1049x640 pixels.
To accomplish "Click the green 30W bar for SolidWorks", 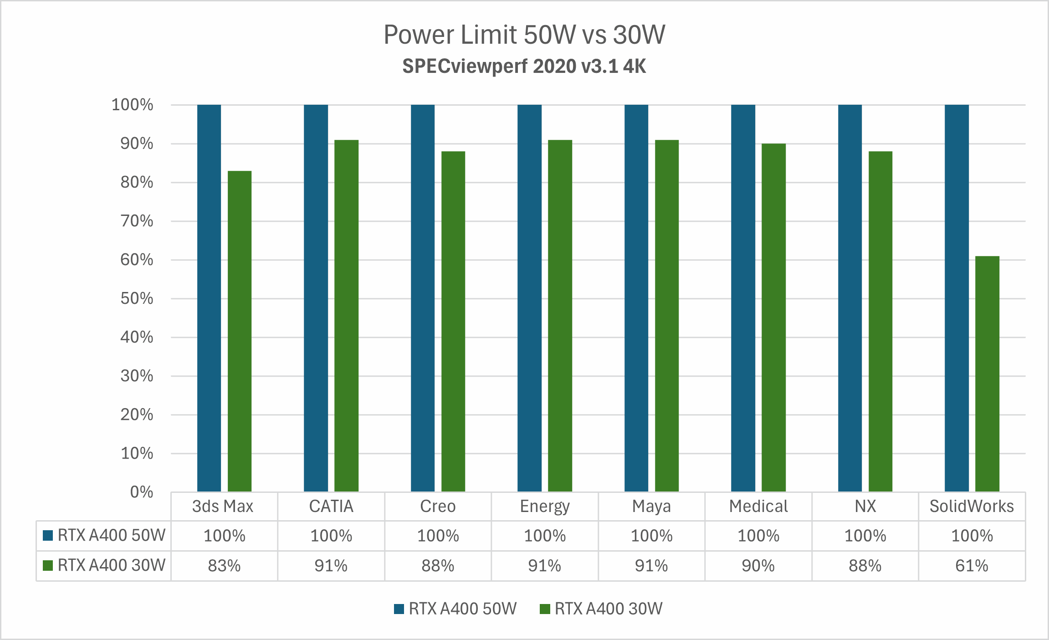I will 987,374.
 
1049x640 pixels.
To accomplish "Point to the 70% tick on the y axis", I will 137,221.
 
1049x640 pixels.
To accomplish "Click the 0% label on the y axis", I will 141,492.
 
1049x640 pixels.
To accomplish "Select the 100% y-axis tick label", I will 132,105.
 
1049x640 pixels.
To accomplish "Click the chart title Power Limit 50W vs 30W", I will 524,35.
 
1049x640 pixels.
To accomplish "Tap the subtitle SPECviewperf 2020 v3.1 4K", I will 524,67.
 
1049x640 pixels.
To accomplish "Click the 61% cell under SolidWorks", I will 972,566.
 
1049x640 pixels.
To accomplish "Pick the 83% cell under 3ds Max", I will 224,566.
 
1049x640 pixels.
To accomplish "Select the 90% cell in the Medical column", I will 758,566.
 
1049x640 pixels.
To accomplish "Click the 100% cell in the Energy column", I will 545,536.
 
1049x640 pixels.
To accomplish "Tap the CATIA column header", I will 331,507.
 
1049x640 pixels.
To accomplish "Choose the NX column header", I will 865,507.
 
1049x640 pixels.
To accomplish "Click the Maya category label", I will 651,507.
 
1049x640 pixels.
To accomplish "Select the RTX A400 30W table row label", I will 111,565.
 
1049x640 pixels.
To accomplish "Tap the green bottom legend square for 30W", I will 545,609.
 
